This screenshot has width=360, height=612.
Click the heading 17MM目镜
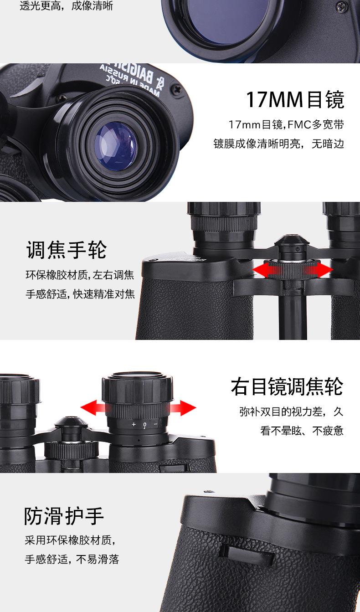click(x=295, y=100)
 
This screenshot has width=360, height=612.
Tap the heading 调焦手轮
click(x=67, y=250)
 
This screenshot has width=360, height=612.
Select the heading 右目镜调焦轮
click(x=287, y=387)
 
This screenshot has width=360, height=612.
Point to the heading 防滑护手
click(x=64, y=516)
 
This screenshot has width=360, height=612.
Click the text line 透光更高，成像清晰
click(x=67, y=6)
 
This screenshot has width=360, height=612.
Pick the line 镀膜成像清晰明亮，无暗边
click(x=279, y=144)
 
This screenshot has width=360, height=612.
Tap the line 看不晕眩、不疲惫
click(x=302, y=431)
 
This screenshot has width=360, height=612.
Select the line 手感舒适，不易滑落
click(x=72, y=559)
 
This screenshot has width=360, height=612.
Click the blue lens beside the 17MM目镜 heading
click(x=115, y=146)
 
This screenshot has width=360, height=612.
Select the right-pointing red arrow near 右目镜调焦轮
click(x=185, y=407)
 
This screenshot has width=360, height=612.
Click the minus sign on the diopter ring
click(x=155, y=424)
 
